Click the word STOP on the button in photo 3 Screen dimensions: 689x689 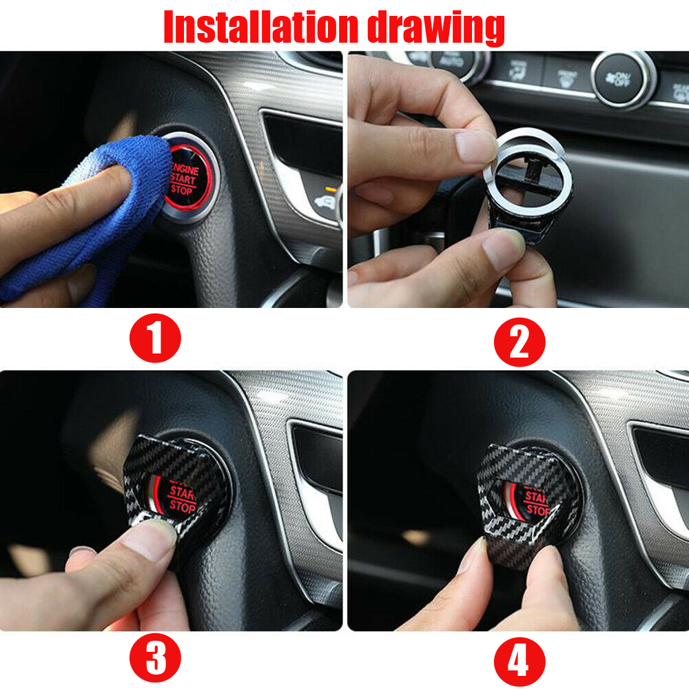[183, 506]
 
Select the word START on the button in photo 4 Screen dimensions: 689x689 [536, 497]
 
